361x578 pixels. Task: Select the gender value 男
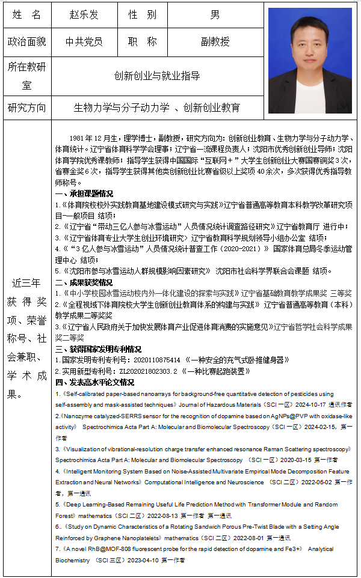(215, 14)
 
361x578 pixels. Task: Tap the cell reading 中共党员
(84, 42)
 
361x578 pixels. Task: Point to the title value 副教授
(215, 42)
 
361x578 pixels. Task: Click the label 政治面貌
(26, 42)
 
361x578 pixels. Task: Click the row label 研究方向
(26, 108)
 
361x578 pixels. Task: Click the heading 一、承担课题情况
(84, 194)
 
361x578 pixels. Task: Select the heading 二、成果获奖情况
(84, 282)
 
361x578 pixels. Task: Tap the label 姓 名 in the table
(26, 14)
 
